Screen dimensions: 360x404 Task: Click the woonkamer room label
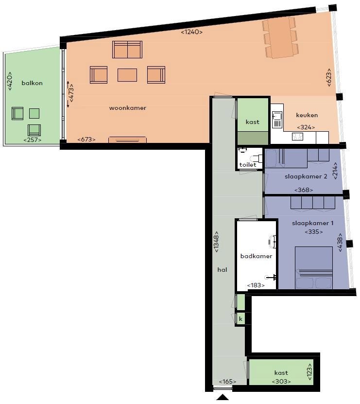tap(127, 108)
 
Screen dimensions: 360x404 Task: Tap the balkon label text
tap(32, 83)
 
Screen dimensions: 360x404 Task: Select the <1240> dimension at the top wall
tap(191, 32)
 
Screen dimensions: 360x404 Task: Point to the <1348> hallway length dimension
tap(216, 242)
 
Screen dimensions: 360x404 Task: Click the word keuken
tap(307, 115)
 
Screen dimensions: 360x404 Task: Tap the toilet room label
tap(248, 165)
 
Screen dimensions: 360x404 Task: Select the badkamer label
tap(256, 256)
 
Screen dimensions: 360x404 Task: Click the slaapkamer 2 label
tap(306, 176)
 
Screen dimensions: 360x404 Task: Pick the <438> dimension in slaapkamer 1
tap(340, 243)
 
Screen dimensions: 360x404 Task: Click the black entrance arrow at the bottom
tap(223, 397)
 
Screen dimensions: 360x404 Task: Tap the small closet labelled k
tap(240, 319)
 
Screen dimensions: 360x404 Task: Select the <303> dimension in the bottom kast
tap(281, 381)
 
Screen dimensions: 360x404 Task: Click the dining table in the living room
tap(281, 37)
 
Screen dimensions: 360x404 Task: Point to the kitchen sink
tap(277, 120)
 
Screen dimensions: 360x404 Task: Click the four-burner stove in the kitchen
tap(297, 136)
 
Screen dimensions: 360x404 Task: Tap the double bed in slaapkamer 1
tap(314, 268)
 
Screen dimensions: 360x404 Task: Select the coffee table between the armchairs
tap(127, 75)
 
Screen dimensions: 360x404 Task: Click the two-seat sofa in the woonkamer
tap(127, 50)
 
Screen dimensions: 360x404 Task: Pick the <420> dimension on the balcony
tap(10, 81)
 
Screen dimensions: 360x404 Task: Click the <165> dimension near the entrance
tap(227, 382)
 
